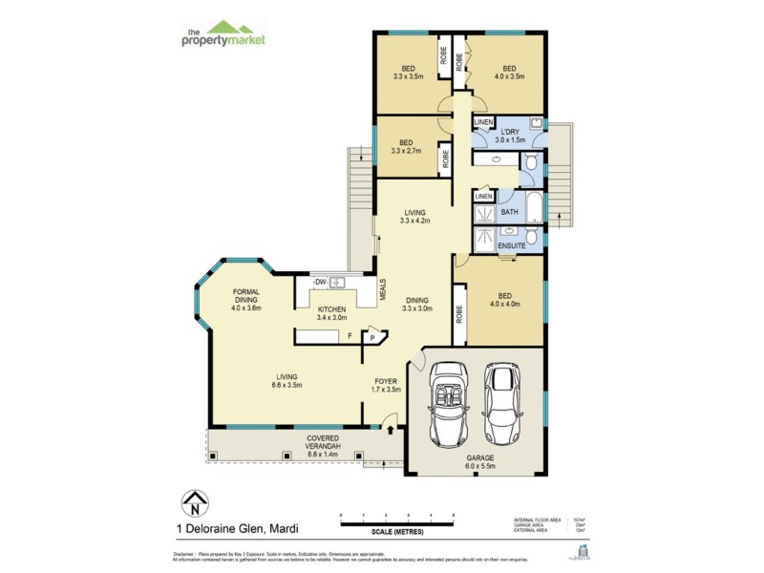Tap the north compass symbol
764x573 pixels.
tap(195, 501)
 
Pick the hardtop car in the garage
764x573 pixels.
tap(502, 403)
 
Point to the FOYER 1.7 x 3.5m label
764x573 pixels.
tap(386, 385)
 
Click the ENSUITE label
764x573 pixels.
tap(512, 246)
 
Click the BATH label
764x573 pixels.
tap(509, 212)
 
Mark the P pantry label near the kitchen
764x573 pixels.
tap(372, 337)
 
